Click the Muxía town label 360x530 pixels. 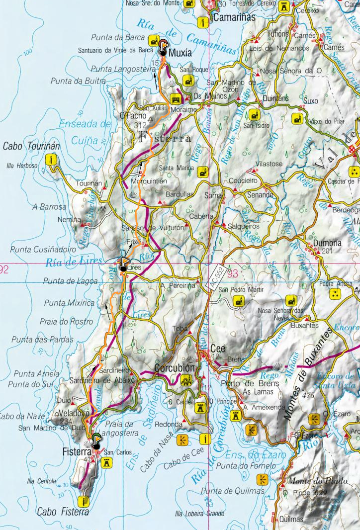coord(180,53)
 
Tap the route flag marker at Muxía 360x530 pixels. coord(163,46)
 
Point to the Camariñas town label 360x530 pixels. coord(234,17)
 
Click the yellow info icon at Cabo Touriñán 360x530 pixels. coord(50,159)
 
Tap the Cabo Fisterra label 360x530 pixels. coord(63,512)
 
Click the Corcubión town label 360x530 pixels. coord(174,368)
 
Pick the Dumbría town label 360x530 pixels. coord(327,243)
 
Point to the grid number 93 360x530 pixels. coord(232,273)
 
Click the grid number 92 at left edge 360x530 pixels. coord(4,270)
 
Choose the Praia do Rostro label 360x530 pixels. coord(66,322)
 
